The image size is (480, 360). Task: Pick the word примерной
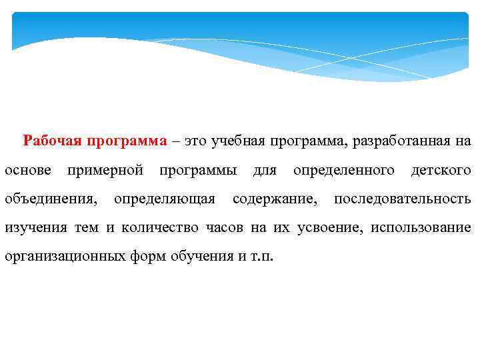click(105, 170)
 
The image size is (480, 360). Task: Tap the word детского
click(441, 170)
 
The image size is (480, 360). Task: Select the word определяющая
click(165, 199)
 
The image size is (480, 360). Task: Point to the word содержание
click(275, 199)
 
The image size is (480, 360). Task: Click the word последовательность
click(403, 199)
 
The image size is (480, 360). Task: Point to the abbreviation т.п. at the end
click(263, 256)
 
